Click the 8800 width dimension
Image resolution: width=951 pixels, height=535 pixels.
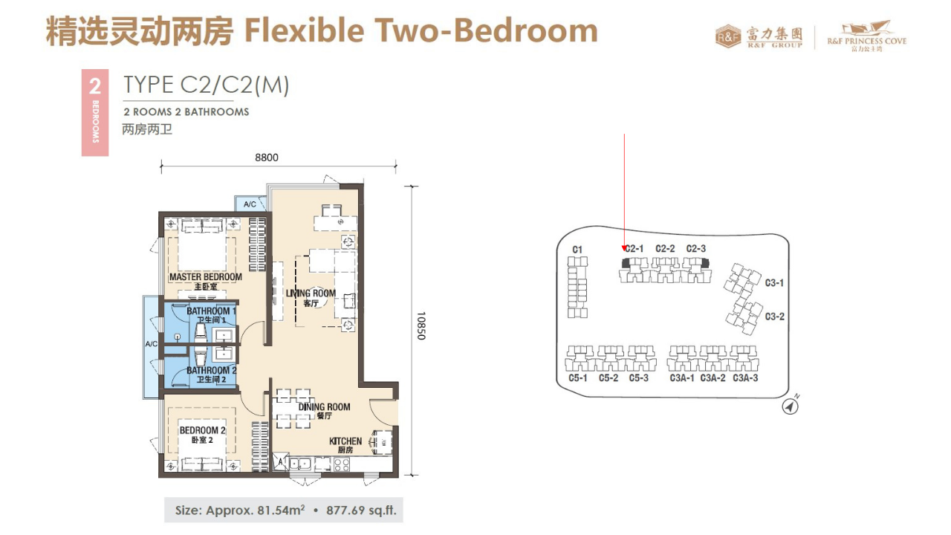click(x=267, y=158)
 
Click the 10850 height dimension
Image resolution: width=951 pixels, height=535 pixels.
click(x=421, y=325)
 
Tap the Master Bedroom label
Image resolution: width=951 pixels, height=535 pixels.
click(x=206, y=282)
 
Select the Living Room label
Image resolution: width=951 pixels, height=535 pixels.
click(x=311, y=298)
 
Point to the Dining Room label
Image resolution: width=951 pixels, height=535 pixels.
click(x=324, y=411)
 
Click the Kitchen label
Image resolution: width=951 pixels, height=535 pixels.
click(x=345, y=445)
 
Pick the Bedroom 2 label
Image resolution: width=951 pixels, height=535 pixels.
click(x=202, y=435)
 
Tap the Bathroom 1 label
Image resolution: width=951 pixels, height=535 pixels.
click(x=211, y=315)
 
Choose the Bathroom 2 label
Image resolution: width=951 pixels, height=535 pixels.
click(x=211, y=374)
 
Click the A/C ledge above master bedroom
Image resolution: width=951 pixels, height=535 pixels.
click(x=250, y=204)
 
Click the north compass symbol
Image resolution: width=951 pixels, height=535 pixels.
click(x=790, y=406)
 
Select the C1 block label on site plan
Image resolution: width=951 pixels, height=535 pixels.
click(x=577, y=250)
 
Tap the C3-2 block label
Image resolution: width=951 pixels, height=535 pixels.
click(x=774, y=317)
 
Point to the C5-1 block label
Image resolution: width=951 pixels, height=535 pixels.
click(x=577, y=378)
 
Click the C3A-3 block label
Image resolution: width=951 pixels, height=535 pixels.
click(x=745, y=378)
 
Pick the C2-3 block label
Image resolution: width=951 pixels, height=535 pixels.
click(x=696, y=248)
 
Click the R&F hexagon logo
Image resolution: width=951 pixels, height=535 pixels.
click(x=728, y=37)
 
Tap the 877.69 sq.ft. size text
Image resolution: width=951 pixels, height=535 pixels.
click(x=361, y=510)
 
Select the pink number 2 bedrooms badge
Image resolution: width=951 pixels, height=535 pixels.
click(x=95, y=112)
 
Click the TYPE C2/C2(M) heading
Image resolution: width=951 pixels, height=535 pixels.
click(x=207, y=85)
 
